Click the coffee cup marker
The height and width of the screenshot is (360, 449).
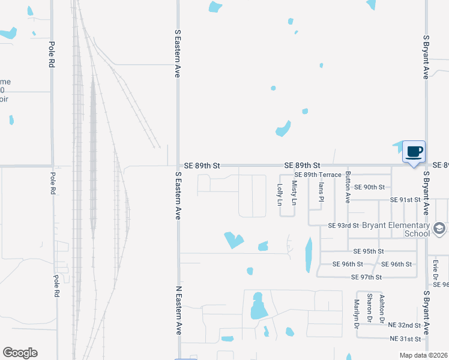click(x=414, y=151)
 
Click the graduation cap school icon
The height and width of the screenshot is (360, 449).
click(x=439, y=229)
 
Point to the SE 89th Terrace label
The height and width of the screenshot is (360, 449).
click(x=318, y=175)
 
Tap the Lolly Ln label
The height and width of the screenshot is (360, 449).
click(x=280, y=195)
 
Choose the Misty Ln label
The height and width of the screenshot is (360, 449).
click(x=294, y=193)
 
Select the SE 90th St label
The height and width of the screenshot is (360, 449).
click(x=369, y=187)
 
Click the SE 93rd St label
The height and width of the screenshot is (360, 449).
click(x=343, y=226)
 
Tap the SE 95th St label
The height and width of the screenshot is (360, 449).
click(x=368, y=251)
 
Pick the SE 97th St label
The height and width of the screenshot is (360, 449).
click(x=366, y=277)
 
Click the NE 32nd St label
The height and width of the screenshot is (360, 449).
click(x=405, y=325)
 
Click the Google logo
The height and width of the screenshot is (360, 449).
click(x=20, y=353)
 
